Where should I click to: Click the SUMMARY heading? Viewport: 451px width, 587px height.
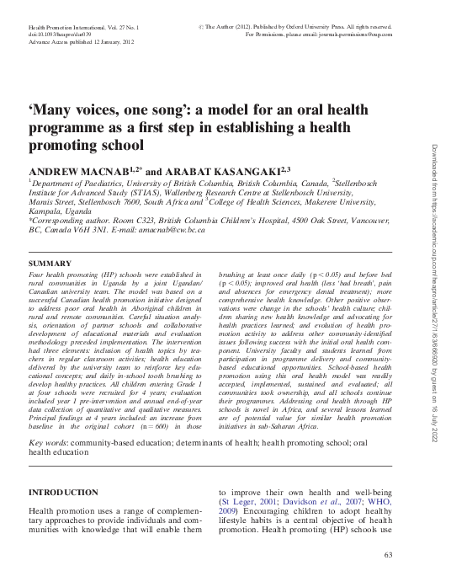50,264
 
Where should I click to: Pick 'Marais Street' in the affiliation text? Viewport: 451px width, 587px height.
53,203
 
